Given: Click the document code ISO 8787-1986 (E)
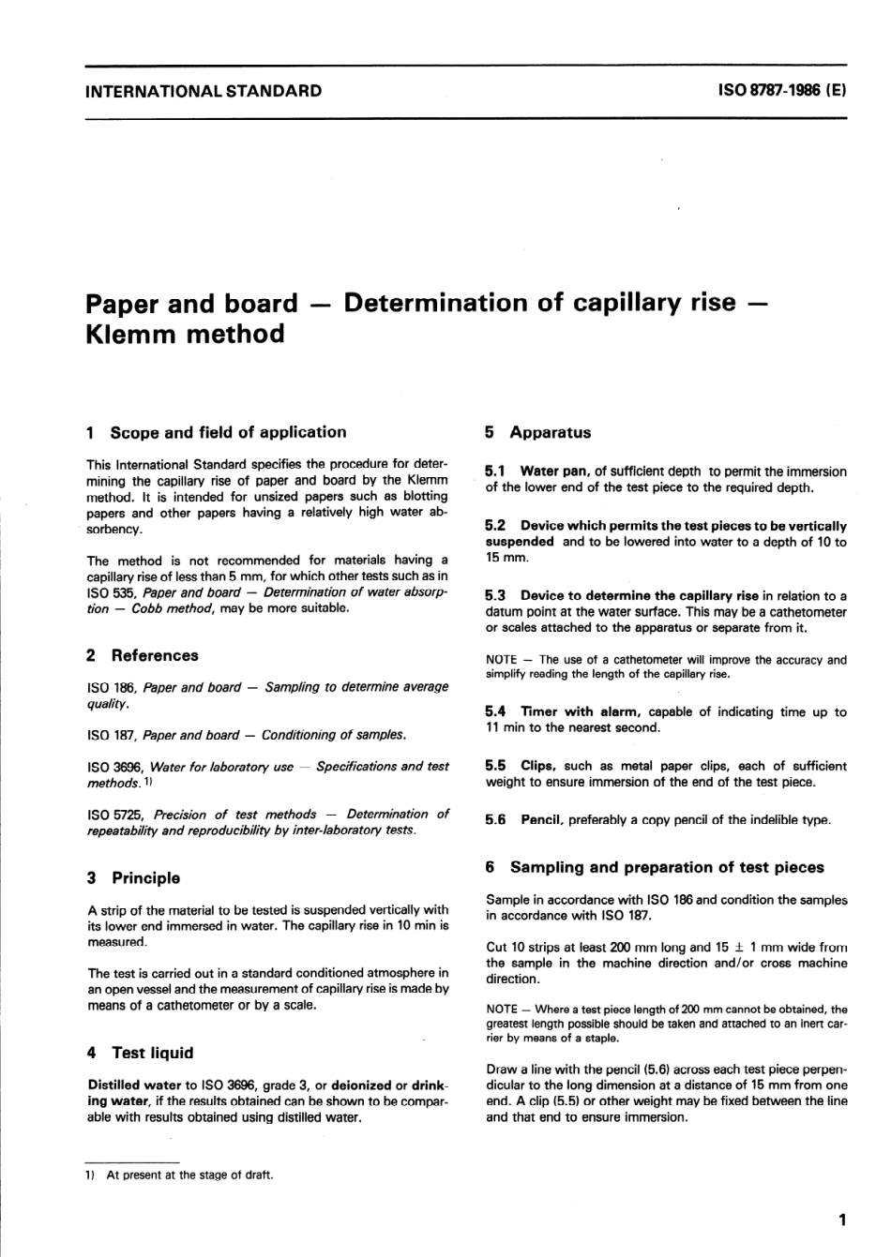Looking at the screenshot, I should click(782, 91).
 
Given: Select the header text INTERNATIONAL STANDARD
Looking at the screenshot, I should click(204, 91).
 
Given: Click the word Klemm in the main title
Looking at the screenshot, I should click(132, 334).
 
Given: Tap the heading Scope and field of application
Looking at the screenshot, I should click(228, 432).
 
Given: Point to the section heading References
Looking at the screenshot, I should click(155, 655).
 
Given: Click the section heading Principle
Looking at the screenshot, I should click(145, 878).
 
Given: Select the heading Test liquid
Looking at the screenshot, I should click(152, 1053).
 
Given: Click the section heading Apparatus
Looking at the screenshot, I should click(550, 432).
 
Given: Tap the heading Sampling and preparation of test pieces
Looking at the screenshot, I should click(667, 867).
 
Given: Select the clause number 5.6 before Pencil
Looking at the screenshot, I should click(495, 820).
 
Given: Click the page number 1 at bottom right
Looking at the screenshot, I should click(841, 1220).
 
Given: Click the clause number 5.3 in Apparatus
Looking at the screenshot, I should click(495, 595).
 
